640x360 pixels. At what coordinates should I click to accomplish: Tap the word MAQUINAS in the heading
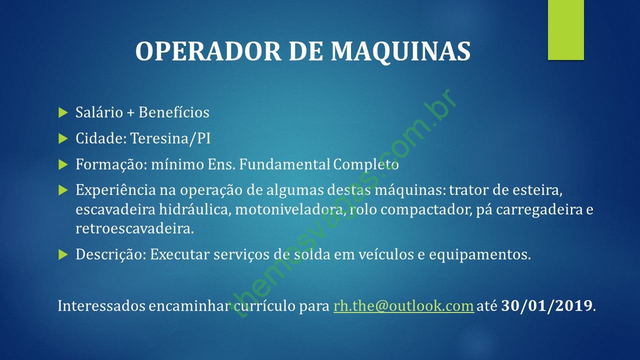(x=400, y=51)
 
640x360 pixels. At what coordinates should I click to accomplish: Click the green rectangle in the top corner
(x=565, y=30)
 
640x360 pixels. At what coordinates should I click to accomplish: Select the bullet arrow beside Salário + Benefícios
(x=63, y=112)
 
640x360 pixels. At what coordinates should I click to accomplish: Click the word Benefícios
(x=174, y=112)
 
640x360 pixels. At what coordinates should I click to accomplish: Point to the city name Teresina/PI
(x=170, y=138)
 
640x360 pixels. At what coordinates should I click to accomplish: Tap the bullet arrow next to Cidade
(x=63, y=139)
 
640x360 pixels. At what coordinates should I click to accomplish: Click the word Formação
(x=111, y=164)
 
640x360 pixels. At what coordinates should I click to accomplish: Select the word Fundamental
(x=284, y=164)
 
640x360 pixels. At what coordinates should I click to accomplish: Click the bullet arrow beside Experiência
(x=63, y=190)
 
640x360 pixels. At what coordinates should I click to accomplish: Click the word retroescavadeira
(x=135, y=228)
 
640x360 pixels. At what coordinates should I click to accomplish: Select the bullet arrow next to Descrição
(x=63, y=254)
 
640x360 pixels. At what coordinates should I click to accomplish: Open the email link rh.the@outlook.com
(x=403, y=305)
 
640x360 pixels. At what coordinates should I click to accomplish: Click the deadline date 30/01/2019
(x=546, y=305)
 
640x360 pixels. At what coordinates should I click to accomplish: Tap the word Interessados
(x=101, y=305)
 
